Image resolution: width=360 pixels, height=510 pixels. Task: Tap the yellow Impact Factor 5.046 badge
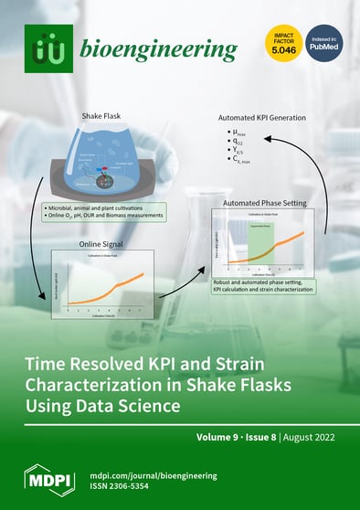(x=282, y=43)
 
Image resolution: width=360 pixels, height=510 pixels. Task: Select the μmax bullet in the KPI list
(x=241, y=134)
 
